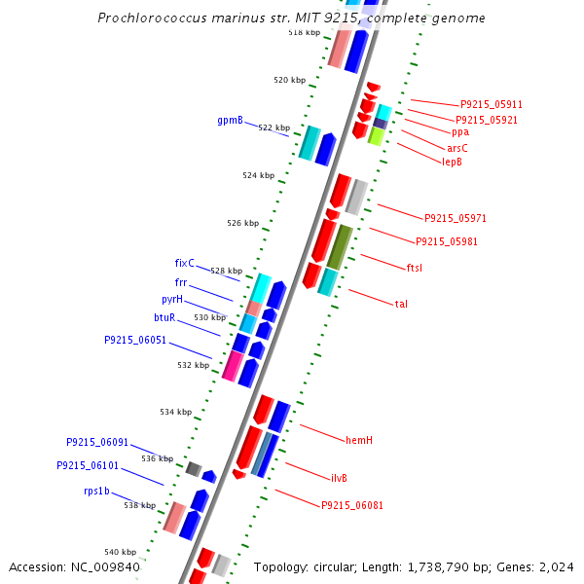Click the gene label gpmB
[x=230, y=121]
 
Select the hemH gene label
[x=359, y=440]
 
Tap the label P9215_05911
[x=492, y=104]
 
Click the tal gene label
[x=401, y=304]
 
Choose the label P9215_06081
[x=352, y=505]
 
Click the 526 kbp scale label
[x=243, y=223]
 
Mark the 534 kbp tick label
[x=176, y=412]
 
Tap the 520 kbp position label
[x=290, y=80]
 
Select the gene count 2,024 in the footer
[x=556, y=567]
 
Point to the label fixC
[x=185, y=263]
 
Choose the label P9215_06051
[x=135, y=341]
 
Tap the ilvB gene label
[x=339, y=478]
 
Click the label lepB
[x=453, y=162]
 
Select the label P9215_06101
[x=88, y=465]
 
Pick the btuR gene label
[x=164, y=317]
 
